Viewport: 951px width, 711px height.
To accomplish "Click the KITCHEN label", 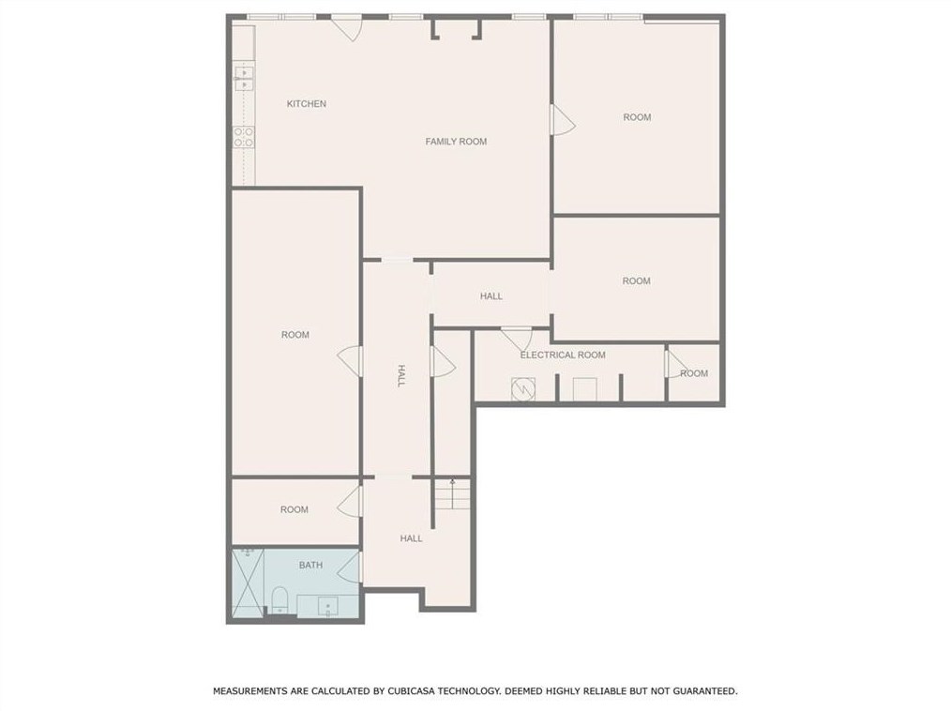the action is coord(307,104).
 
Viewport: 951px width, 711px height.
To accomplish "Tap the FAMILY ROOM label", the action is coord(456,142).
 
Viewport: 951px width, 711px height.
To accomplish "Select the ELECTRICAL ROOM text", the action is coord(563,355).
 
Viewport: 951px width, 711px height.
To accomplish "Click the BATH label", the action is coord(310,565).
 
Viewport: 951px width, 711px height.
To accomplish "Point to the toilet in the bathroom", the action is coord(279,600).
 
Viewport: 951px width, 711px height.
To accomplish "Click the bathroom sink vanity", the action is coord(328,605).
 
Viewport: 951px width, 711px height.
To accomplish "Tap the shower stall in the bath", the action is coord(249,582).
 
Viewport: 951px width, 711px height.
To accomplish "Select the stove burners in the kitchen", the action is coord(244,137).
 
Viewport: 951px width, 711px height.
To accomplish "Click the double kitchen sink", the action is coord(244,79).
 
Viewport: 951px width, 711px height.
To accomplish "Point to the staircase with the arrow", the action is coord(452,493).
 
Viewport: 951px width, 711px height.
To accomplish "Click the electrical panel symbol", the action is coord(522,389).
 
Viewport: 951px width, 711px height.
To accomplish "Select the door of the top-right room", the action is coord(563,120).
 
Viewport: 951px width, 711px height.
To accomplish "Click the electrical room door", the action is coord(517,339).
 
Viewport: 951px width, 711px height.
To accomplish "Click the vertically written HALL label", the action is coord(400,375).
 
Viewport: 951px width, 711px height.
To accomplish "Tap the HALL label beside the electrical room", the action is coord(491,296).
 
